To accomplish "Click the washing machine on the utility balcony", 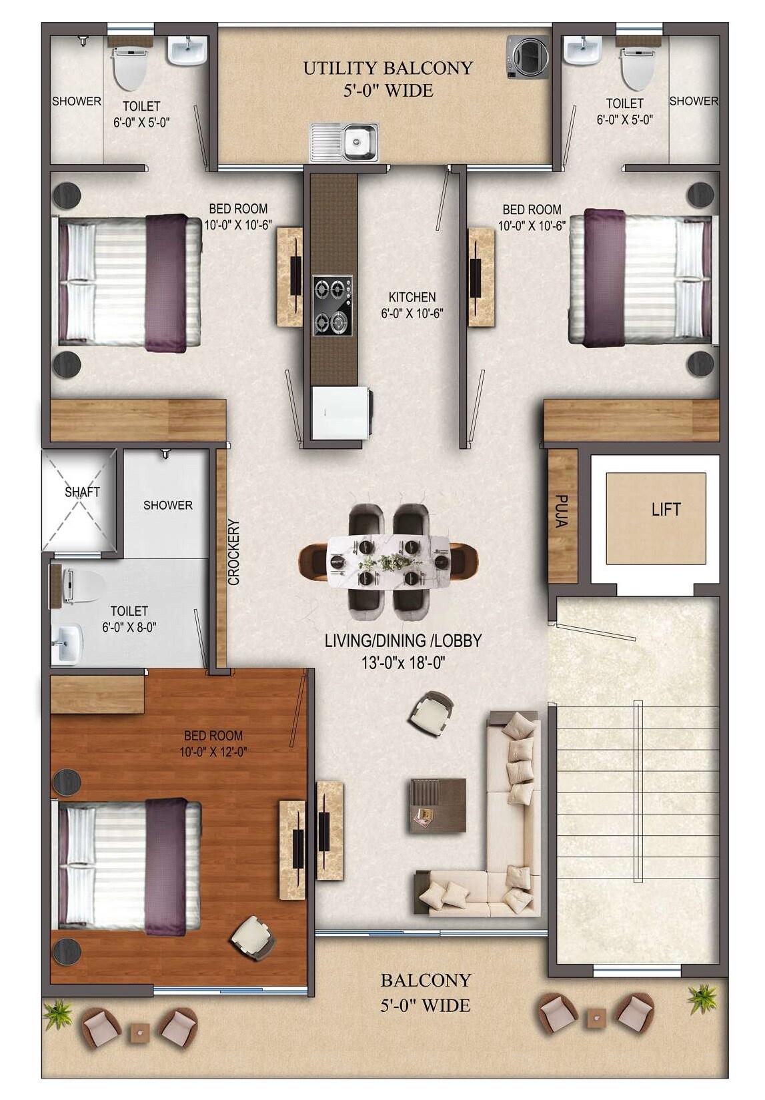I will coord(527,57).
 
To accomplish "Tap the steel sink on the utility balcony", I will coord(345,142).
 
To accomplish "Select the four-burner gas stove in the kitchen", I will coord(332,306).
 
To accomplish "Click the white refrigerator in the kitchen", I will coord(340,412).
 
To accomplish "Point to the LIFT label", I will coord(666,510).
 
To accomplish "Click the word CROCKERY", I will coord(233,552).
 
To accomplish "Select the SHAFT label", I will coord(82,492).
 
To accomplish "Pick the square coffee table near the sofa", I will coord(438,804).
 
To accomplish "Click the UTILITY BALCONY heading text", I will coord(388,68).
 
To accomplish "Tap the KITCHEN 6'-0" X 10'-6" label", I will coord(412,305).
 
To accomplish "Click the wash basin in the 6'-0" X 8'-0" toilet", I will coord(66,644).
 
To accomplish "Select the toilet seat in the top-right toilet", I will coord(637,67).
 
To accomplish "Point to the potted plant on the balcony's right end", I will coord(702,998).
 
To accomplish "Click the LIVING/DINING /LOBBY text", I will coord(403,641).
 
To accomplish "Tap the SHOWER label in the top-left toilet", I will coord(77,101).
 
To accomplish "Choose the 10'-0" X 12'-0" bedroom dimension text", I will coord(213,752).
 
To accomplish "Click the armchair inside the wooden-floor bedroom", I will coord(253,937).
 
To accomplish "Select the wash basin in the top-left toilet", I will coord(187,51).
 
